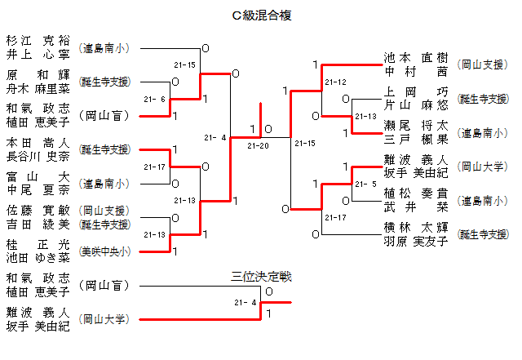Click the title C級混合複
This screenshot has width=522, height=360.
(261, 15)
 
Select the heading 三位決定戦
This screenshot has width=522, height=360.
(261, 277)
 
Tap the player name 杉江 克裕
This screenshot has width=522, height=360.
(38, 41)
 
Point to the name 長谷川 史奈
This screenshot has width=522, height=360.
(38, 157)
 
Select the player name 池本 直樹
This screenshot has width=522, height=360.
(416, 58)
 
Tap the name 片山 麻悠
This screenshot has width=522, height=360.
(416, 106)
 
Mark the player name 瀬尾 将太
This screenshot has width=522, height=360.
(416, 126)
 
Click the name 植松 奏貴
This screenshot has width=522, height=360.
(416, 193)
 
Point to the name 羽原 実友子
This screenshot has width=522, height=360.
(416, 241)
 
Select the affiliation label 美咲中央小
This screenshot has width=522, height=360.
(104, 251)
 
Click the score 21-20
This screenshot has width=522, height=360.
(257, 146)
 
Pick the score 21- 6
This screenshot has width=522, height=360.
(154, 99)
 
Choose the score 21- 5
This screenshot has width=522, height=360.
(365, 184)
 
